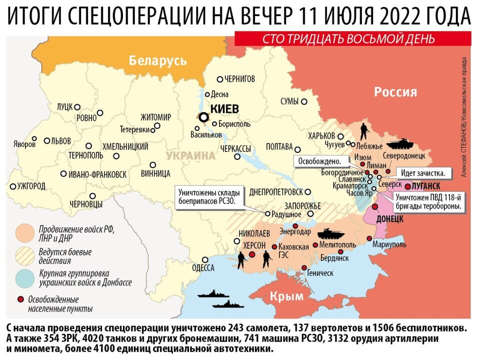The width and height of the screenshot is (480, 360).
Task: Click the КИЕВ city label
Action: pos(224,109)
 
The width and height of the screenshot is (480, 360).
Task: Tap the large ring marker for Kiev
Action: pos(203,117)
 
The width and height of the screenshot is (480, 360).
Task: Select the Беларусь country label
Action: pos(157,61)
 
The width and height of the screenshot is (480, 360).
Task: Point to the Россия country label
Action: pos(395,92)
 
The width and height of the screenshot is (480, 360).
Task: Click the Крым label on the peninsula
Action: pos(286,296)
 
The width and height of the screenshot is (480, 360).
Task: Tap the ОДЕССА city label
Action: pos(202,268)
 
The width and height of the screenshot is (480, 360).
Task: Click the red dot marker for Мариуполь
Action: pos(370,238)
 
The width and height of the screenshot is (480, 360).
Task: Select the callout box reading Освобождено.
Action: pos(319,161)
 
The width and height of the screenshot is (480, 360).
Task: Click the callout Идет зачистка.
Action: pos(424,172)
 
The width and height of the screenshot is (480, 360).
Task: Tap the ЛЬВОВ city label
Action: pos(60,141)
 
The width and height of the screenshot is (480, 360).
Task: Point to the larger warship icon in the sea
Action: pos(213,294)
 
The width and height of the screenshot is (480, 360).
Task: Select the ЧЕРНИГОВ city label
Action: pos(239,79)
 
